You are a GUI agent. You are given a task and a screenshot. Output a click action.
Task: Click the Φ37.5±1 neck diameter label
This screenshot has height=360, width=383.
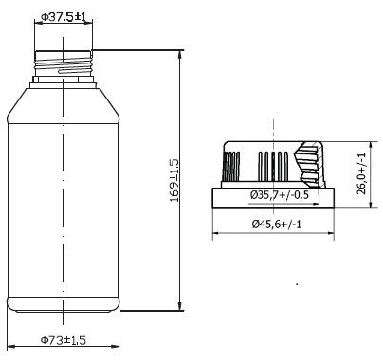[64, 17]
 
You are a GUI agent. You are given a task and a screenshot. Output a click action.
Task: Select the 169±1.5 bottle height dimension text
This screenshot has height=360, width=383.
[173, 181]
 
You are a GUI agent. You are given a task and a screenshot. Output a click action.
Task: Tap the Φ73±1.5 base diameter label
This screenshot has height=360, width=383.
[64, 340]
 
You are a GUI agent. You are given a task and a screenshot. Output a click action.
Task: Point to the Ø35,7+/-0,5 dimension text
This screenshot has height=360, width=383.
[280, 195]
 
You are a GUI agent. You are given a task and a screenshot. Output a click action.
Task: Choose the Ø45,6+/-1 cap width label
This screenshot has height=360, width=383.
[277, 224]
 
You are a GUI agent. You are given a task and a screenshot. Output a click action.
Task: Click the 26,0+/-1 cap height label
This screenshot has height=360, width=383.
[361, 173]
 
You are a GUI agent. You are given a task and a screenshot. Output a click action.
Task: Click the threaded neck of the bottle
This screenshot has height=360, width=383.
[64, 63]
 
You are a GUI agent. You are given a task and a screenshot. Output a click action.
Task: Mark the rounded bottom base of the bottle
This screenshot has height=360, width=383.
[64, 305]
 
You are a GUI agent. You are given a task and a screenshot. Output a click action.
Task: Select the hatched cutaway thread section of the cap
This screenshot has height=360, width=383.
[309, 164]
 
